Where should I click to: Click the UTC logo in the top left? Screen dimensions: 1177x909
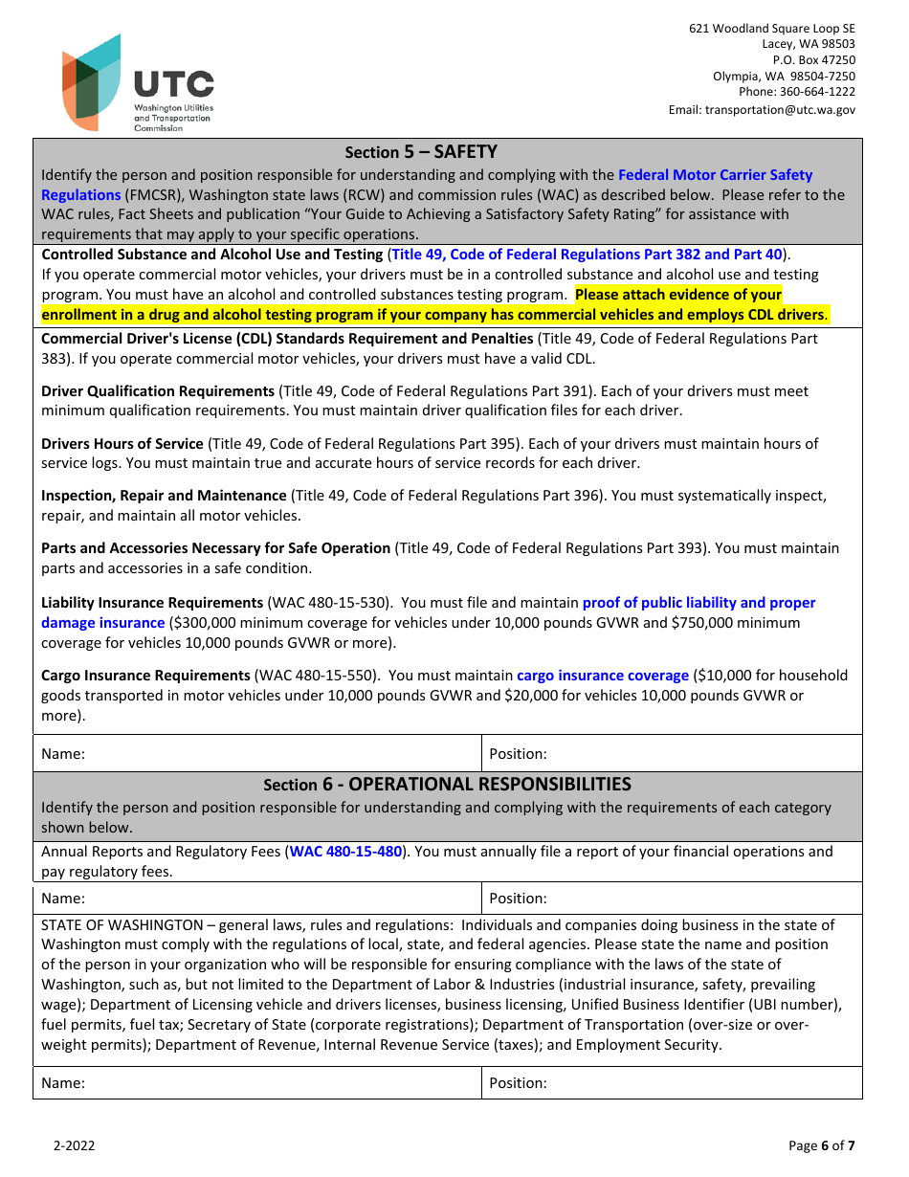pos(137,84)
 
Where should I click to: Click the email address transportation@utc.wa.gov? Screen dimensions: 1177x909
pos(762,110)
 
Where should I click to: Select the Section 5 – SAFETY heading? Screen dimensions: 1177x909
pos(421,152)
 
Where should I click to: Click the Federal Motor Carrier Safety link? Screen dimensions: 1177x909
pos(715,175)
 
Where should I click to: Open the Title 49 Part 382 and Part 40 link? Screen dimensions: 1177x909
pos(588,255)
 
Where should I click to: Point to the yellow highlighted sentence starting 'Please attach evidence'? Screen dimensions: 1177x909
pos(678,295)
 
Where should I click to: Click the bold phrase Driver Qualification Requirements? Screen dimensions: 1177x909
pos(158,391)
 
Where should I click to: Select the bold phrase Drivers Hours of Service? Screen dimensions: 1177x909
pos(122,444)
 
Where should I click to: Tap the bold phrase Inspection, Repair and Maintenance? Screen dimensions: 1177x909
pos(164,496)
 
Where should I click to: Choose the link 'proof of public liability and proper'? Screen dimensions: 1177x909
pos(698,603)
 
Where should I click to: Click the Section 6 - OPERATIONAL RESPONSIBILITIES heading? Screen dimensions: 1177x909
pos(447,785)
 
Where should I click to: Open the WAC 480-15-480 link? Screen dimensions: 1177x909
pos(345,852)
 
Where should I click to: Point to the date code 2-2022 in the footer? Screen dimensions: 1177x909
pos(74,1145)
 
